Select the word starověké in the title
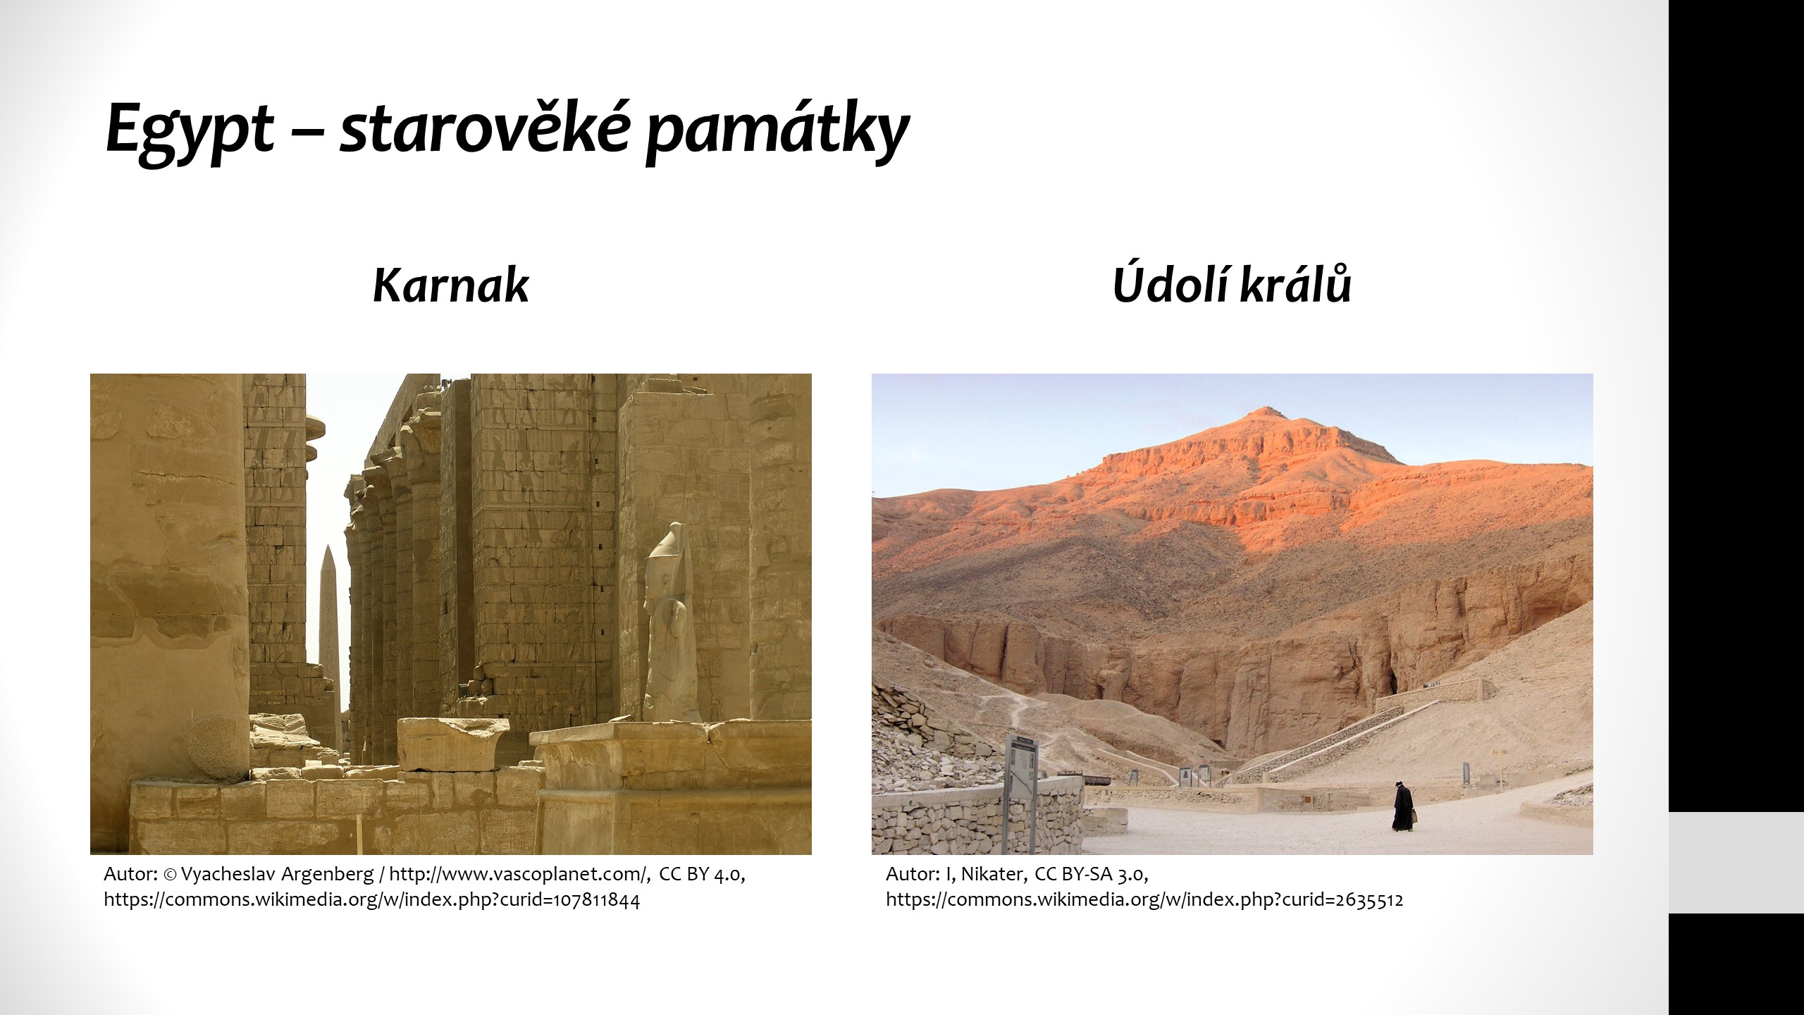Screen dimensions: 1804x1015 (x=483, y=128)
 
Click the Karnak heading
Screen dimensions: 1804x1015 (x=450, y=285)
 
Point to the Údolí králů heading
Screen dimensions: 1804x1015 (x=1232, y=283)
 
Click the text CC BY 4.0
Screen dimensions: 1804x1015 (x=702, y=875)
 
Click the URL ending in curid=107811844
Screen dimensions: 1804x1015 (x=372, y=900)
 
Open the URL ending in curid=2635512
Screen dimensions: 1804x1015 (x=1144, y=900)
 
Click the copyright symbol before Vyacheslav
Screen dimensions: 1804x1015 (x=170, y=875)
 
